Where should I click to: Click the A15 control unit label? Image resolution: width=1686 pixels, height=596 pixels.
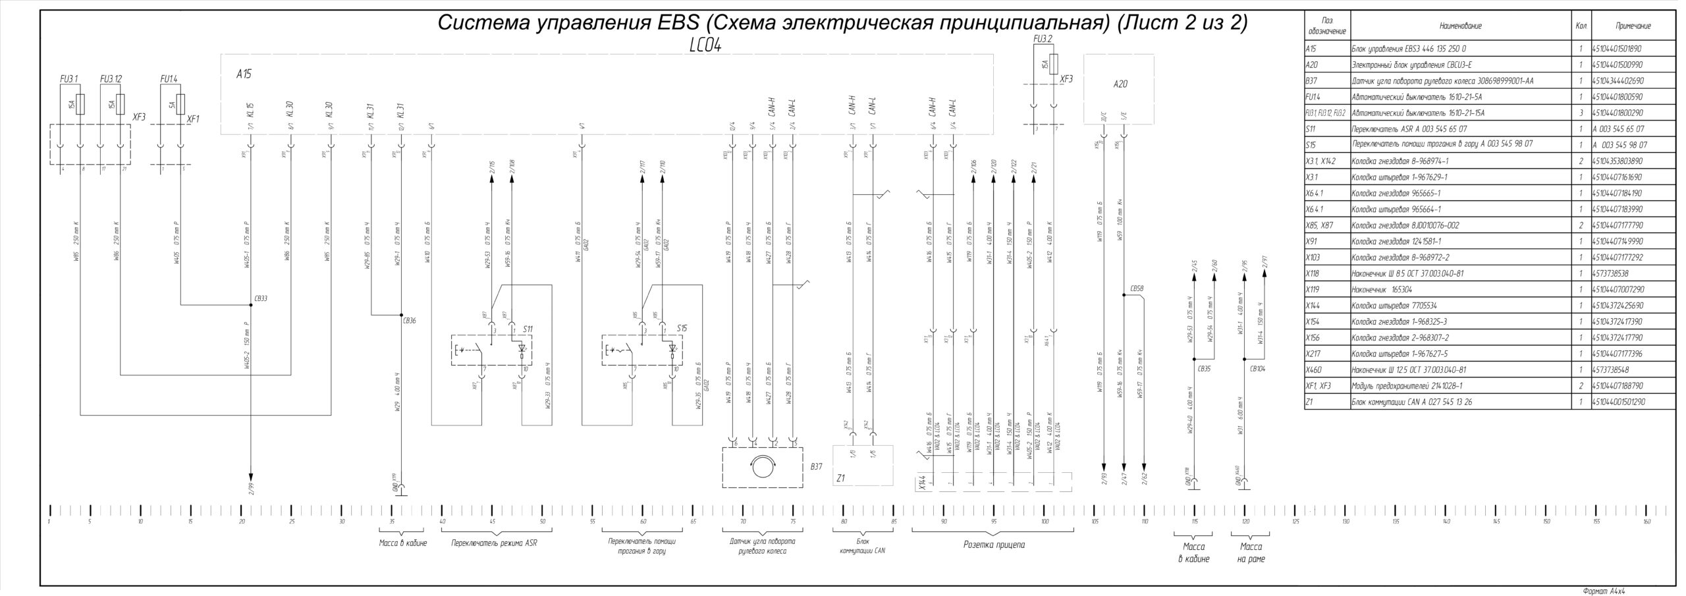tap(244, 75)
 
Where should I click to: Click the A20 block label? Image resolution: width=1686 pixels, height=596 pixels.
tap(1120, 84)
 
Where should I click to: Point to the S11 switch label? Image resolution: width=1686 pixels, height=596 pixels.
tap(528, 328)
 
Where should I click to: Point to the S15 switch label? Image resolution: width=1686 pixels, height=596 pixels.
tap(682, 328)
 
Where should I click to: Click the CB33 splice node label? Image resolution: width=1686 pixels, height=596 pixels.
tap(261, 298)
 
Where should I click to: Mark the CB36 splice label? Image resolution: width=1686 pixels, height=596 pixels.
tap(409, 321)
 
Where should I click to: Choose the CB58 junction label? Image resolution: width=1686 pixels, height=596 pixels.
tap(1137, 288)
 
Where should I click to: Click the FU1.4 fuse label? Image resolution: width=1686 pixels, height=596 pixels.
tap(169, 79)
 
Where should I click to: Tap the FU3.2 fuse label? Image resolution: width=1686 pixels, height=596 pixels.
tap(1043, 40)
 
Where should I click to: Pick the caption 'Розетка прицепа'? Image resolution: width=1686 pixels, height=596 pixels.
tap(994, 545)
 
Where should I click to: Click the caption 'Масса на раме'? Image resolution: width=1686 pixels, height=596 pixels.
tap(1251, 553)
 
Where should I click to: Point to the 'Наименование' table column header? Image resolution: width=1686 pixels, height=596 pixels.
tap(1460, 26)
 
